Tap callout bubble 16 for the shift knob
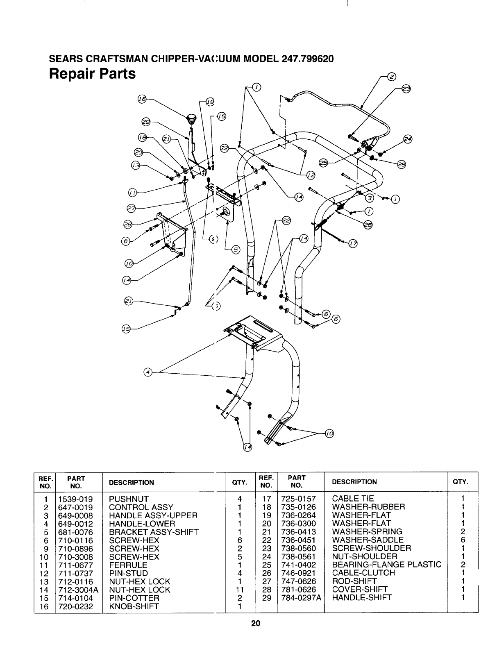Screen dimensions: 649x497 (x=142, y=99)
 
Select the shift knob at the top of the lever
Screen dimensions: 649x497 (x=191, y=120)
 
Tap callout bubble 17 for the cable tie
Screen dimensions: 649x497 (x=352, y=245)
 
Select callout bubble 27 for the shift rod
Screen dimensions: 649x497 (x=132, y=210)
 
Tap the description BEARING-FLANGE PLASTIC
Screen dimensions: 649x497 (x=386, y=565)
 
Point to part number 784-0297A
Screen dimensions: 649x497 (x=301, y=597)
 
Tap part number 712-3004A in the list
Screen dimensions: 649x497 (x=79, y=590)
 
